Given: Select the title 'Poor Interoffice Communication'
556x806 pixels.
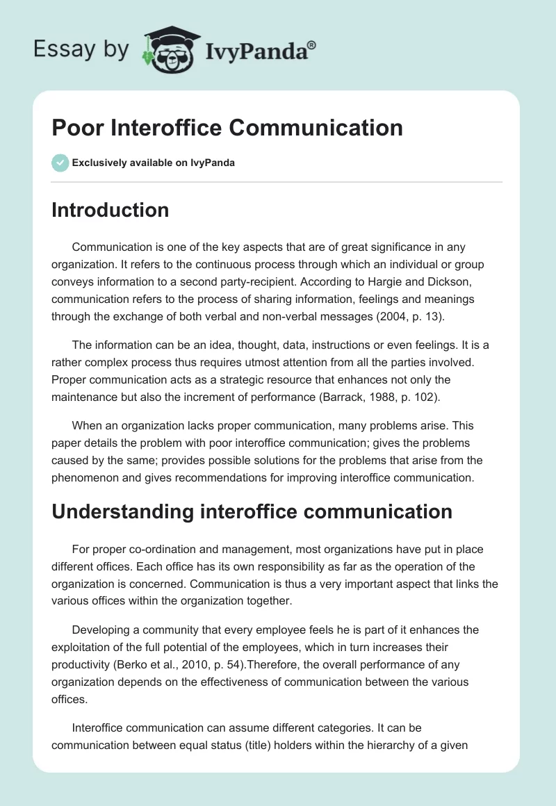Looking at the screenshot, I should [227, 128].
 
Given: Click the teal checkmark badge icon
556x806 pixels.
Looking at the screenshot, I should [59, 163].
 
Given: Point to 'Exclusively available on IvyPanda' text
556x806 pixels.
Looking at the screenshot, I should [153, 163].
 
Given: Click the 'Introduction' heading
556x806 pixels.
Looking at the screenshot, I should [110, 210].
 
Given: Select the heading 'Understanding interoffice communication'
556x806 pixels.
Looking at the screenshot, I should [252, 512].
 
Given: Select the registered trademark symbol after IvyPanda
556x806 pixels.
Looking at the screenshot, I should [312, 44].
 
